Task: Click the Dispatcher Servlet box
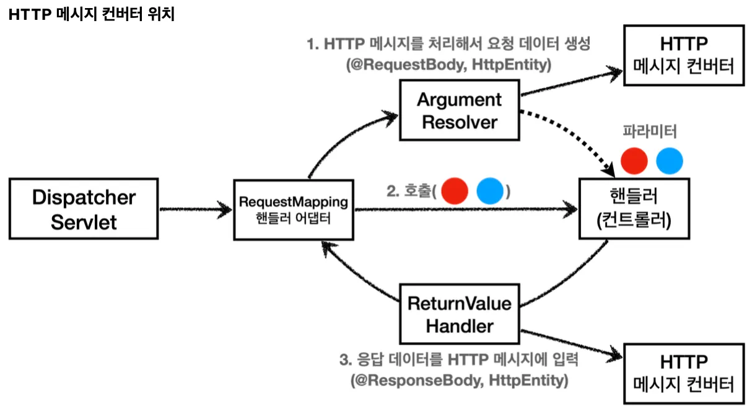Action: click(84, 209)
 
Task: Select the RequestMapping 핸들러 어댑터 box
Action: click(294, 210)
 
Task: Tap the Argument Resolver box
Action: click(459, 110)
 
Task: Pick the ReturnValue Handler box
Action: click(459, 314)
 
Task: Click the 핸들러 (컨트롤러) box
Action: click(634, 208)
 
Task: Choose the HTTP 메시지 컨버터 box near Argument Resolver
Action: click(684, 55)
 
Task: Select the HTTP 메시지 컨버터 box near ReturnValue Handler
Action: click(684, 373)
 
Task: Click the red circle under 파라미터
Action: click(634, 161)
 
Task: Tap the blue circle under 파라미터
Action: click(670, 161)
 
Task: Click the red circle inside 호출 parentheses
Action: click(455, 191)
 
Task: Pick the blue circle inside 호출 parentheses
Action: click(490, 191)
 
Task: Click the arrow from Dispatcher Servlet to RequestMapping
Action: click(195, 209)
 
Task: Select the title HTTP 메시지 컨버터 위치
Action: click(92, 14)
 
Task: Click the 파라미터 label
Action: click(650, 131)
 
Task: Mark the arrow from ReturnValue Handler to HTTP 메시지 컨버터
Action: click(571, 343)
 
